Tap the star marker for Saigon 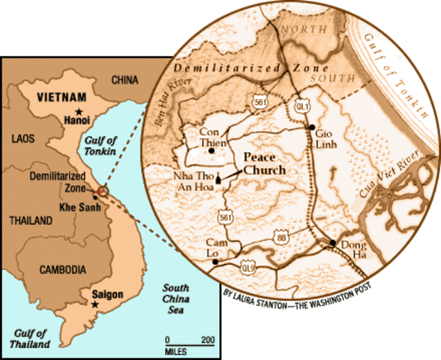[x=94, y=304]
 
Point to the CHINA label [x=125, y=79]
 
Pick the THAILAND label [x=26, y=220]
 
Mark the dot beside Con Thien [x=211, y=149]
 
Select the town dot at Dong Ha [x=331, y=242]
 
